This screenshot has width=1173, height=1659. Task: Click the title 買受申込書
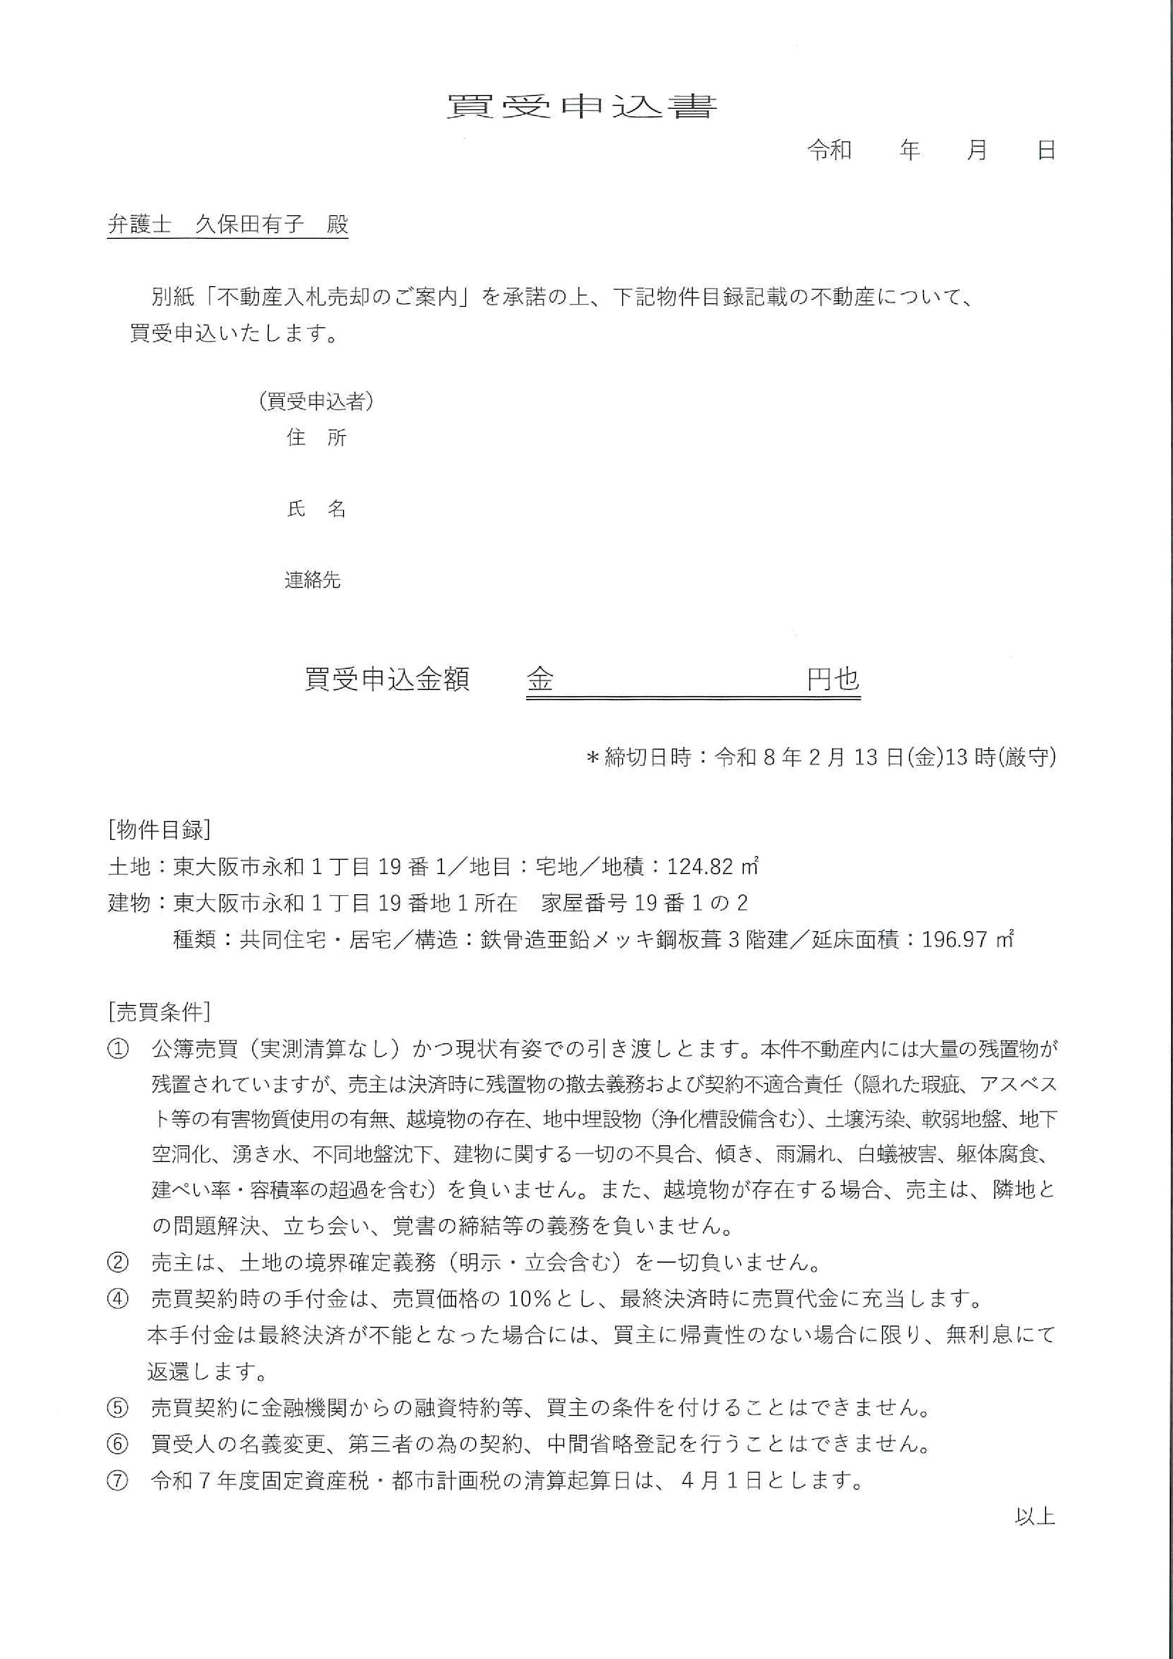582,107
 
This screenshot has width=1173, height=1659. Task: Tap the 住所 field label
317,438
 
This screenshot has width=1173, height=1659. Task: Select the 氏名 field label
317,509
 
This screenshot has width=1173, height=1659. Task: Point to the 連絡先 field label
312,580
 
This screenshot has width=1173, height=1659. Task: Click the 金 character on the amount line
540,679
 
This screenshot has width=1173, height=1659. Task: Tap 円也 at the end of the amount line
833,679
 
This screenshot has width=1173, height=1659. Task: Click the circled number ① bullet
117,1049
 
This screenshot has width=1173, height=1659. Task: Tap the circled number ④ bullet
117,1299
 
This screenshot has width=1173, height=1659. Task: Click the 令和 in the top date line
829,150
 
